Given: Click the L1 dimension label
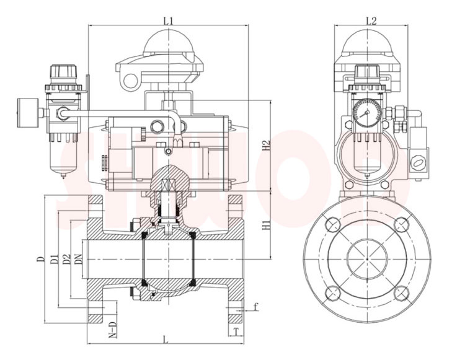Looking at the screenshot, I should pyautogui.click(x=168, y=20).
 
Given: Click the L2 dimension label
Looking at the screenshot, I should pyautogui.click(x=371, y=20).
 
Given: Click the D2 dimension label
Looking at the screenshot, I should pyautogui.click(x=66, y=259).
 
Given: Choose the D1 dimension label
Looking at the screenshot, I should pyautogui.click(x=54, y=259).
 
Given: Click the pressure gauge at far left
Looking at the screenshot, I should pyautogui.click(x=27, y=112).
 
